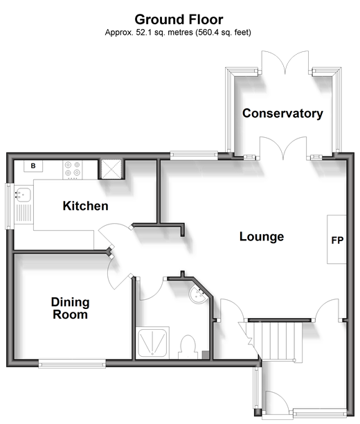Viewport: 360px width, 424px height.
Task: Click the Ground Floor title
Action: pos(179,19)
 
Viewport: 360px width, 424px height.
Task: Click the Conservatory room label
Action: pos(282,114)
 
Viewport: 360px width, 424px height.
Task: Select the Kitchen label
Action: pos(85,206)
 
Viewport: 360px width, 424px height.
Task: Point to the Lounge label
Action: pos(262,237)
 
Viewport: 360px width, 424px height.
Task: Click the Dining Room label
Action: pos(71,308)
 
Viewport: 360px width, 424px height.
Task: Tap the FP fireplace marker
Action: pos(337,240)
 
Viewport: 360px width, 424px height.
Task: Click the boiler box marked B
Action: pos(33,166)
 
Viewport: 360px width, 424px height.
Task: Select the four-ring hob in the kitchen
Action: pos(73,170)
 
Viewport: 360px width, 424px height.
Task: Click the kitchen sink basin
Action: pos(23,195)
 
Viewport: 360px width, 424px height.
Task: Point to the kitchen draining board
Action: pos(24,213)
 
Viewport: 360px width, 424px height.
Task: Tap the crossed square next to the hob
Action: pos(111,169)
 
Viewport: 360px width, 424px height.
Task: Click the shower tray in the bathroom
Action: pos(152,342)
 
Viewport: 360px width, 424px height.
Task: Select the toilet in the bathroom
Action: pos(188,347)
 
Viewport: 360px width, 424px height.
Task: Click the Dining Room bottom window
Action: pos(72,364)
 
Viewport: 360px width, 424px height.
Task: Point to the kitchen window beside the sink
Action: pos(10,206)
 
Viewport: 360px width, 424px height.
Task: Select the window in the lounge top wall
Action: pos(194,155)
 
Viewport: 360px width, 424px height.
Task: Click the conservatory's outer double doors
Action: pos(285,62)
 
